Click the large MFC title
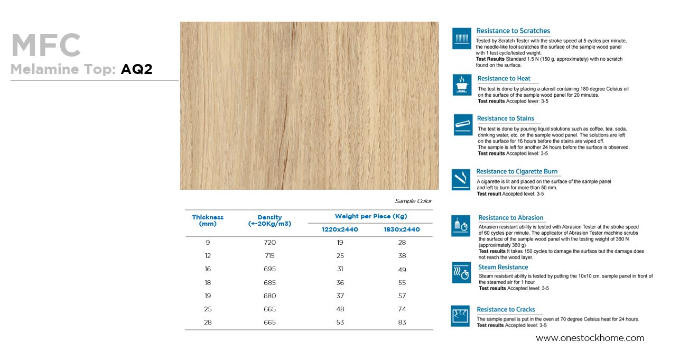[x=45, y=46]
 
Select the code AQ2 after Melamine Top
[x=136, y=69]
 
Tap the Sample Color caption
[x=413, y=201]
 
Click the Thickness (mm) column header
[x=208, y=220]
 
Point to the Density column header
[x=269, y=220]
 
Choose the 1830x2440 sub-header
[x=402, y=229]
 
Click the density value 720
[x=269, y=243]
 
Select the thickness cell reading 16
[x=208, y=269]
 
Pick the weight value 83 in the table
[x=402, y=322]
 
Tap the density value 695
[x=269, y=269]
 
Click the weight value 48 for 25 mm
[x=340, y=309]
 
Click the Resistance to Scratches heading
[x=513, y=31]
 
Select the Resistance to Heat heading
[x=504, y=79]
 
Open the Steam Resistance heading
[x=503, y=267]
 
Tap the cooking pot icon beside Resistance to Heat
[x=462, y=85]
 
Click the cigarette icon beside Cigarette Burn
[x=461, y=180]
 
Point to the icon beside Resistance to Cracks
[x=460, y=316]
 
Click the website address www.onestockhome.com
[x=590, y=338]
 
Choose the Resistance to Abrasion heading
[x=510, y=218]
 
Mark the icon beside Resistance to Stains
[x=463, y=125]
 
